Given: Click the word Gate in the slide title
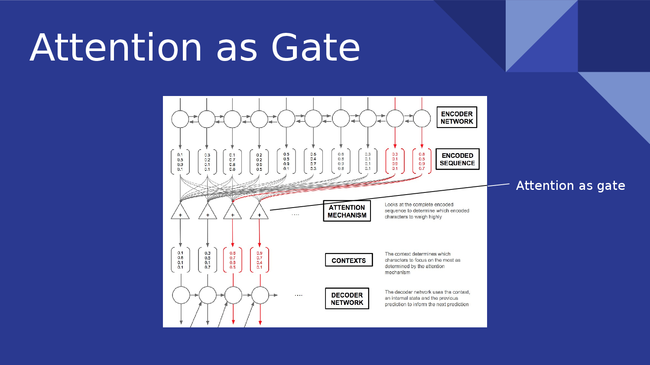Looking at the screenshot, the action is pyautogui.click(x=315, y=48).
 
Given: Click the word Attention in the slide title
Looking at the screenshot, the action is pyautogui.click(x=116, y=48).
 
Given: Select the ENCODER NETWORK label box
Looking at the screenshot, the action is pyautogui.click(x=457, y=118).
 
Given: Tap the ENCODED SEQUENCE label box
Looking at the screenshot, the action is pyautogui.click(x=457, y=159).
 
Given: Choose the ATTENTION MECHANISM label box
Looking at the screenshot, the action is pyautogui.click(x=347, y=211).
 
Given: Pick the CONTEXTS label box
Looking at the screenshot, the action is pyautogui.click(x=349, y=260).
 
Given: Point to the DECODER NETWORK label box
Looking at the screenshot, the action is pyautogui.click(x=347, y=299).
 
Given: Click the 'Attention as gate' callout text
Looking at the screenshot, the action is pyautogui.click(x=570, y=186).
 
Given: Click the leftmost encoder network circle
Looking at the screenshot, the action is pyautogui.click(x=180, y=119).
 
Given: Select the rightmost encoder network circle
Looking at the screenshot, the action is pyautogui.click(x=422, y=118).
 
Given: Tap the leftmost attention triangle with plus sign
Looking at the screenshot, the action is pyautogui.click(x=180, y=212).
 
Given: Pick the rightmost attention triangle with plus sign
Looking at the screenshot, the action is pyautogui.click(x=259, y=212).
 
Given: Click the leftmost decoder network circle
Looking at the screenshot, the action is pyautogui.click(x=181, y=295).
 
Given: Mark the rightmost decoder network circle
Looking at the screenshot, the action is pyautogui.click(x=260, y=295).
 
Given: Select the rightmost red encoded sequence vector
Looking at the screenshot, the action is pyautogui.click(x=422, y=161).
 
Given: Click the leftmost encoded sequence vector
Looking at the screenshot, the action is pyautogui.click(x=180, y=162).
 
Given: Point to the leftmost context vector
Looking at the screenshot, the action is pyautogui.click(x=180, y=260).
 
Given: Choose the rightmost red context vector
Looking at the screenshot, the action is pyautogui.click(x=260, y=260).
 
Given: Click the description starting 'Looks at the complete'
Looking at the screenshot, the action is pyautogui.click(x=427, y=211).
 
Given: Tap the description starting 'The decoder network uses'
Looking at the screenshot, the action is pyautogui.click(x=427, y=298).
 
